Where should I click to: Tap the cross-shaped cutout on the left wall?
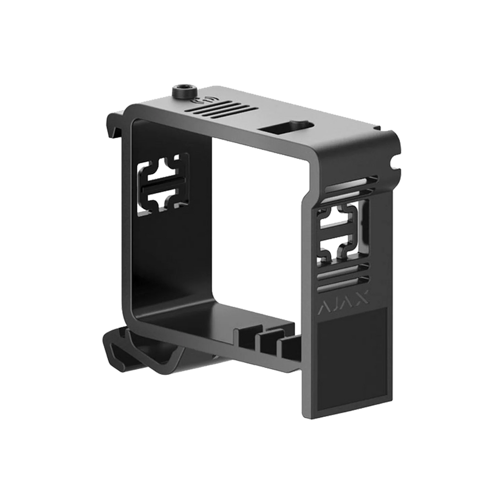[163, 184]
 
